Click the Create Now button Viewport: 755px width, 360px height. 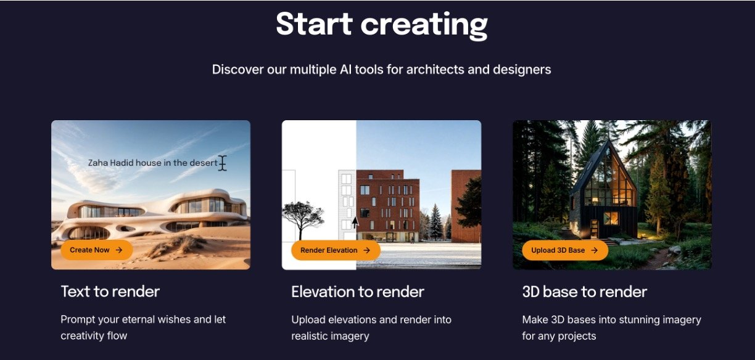[x=97, y=250]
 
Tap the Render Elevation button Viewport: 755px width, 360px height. [x=336, y=250]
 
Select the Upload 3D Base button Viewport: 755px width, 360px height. [x=565, y=250]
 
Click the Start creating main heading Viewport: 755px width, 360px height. [x=382, y=25]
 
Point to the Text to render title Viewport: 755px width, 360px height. [x=110, y=292]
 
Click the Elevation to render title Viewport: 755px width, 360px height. [x=358, y=292]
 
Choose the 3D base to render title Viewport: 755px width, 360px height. [x=585, y=292]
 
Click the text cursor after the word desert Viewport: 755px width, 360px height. [x=223, y=163]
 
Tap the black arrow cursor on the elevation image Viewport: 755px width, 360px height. [x=355, y=223]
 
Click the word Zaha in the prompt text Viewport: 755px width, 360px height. [x=97, y=163]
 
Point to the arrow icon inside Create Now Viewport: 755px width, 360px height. [x=119, y=250]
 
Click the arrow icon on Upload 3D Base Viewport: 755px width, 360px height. [x=594, y=250]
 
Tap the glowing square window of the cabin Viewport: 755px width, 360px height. [x=611, y=218]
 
